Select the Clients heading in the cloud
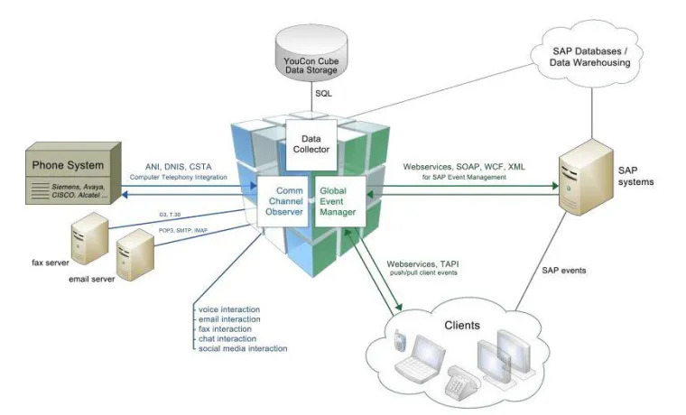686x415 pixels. click(x=461, y=324)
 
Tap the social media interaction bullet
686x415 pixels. click(x=243, y=347)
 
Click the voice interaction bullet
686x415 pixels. click(x=227, y=309)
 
